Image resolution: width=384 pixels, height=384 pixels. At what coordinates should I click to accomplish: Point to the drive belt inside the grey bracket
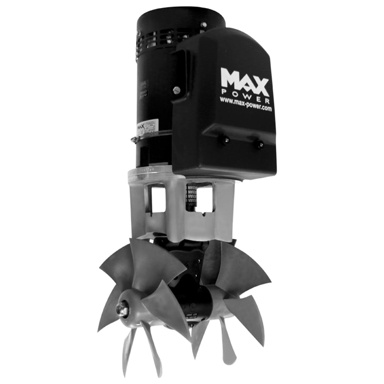(188, 200)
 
